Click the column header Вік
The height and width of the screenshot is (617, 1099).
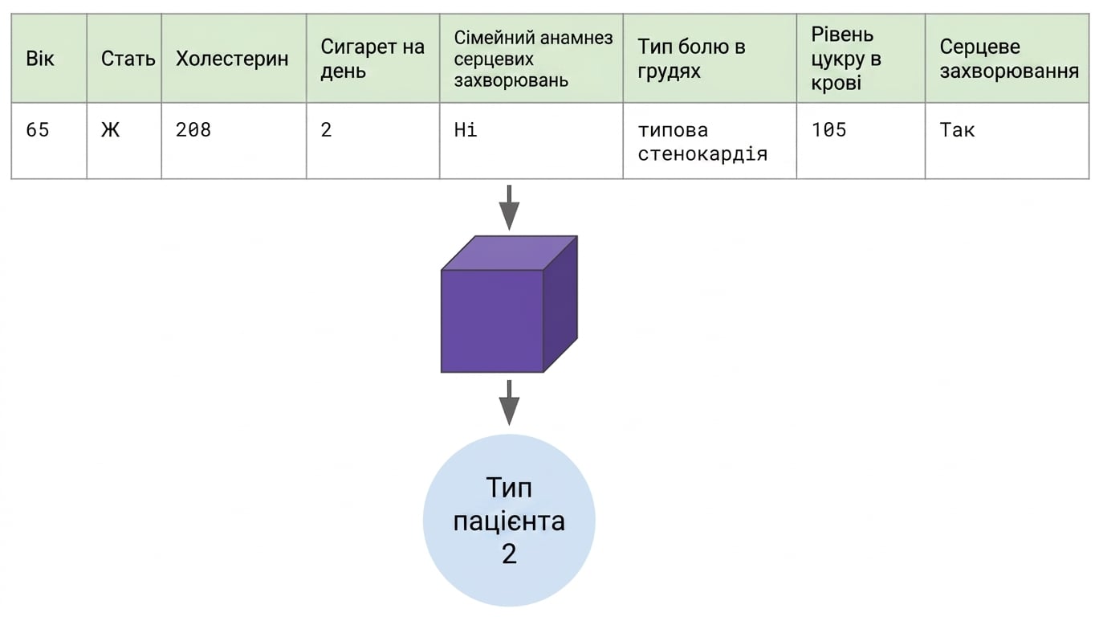40,59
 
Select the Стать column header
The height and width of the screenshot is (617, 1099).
128,59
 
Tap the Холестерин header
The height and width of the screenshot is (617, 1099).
232,59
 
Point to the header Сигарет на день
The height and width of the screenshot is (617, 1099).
372,59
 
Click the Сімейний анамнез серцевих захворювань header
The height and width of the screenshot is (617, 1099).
533,59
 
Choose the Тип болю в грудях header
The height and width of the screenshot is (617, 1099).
691,59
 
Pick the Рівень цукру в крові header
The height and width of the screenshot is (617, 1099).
846,59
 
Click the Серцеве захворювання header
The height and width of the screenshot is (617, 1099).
1009,59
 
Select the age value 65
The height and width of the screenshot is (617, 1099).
38,130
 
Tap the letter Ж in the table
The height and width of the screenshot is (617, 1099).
110,130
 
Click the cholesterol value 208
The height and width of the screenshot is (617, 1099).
193,130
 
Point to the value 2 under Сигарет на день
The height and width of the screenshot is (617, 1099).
326,130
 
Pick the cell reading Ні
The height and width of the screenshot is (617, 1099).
465,130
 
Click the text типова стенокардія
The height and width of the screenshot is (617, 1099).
702,142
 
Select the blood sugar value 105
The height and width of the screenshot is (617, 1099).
829,130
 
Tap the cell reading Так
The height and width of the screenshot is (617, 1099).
957,130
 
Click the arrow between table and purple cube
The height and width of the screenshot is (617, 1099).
509,207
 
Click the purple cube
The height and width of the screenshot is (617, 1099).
509,304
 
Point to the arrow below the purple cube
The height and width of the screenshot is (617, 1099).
509,402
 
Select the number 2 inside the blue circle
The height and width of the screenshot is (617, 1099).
509,554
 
